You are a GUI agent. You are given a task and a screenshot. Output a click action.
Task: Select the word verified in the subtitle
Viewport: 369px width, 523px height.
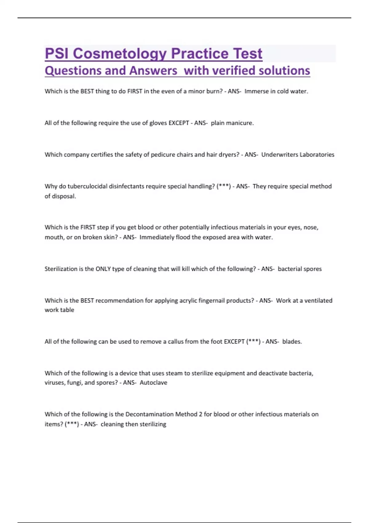click(x=234, y=70)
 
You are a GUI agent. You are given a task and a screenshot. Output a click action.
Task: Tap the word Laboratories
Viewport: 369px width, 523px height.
click(x=317, y=155)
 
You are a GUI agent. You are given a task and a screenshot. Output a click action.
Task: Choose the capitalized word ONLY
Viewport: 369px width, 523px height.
click(x=103, y=269)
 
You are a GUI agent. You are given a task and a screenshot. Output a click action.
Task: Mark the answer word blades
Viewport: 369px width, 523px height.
click(x=292, y=341)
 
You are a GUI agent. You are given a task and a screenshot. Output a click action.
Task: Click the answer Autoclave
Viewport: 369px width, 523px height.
click(x=153, y=383)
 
